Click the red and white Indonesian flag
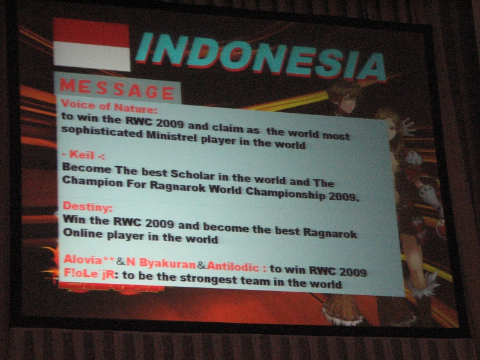click(92, 44)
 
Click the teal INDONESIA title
click(260, 57)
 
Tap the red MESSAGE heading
click(117, 89)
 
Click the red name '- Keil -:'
click(83, 155)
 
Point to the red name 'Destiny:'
click(88, 206)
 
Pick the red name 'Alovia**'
click(89, 260)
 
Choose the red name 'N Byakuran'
click(161, 263)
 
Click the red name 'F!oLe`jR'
click(89, 274)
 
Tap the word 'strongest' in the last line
click(208, 279)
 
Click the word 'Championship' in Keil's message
click(286, 193)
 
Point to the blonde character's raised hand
click(408, 127)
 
